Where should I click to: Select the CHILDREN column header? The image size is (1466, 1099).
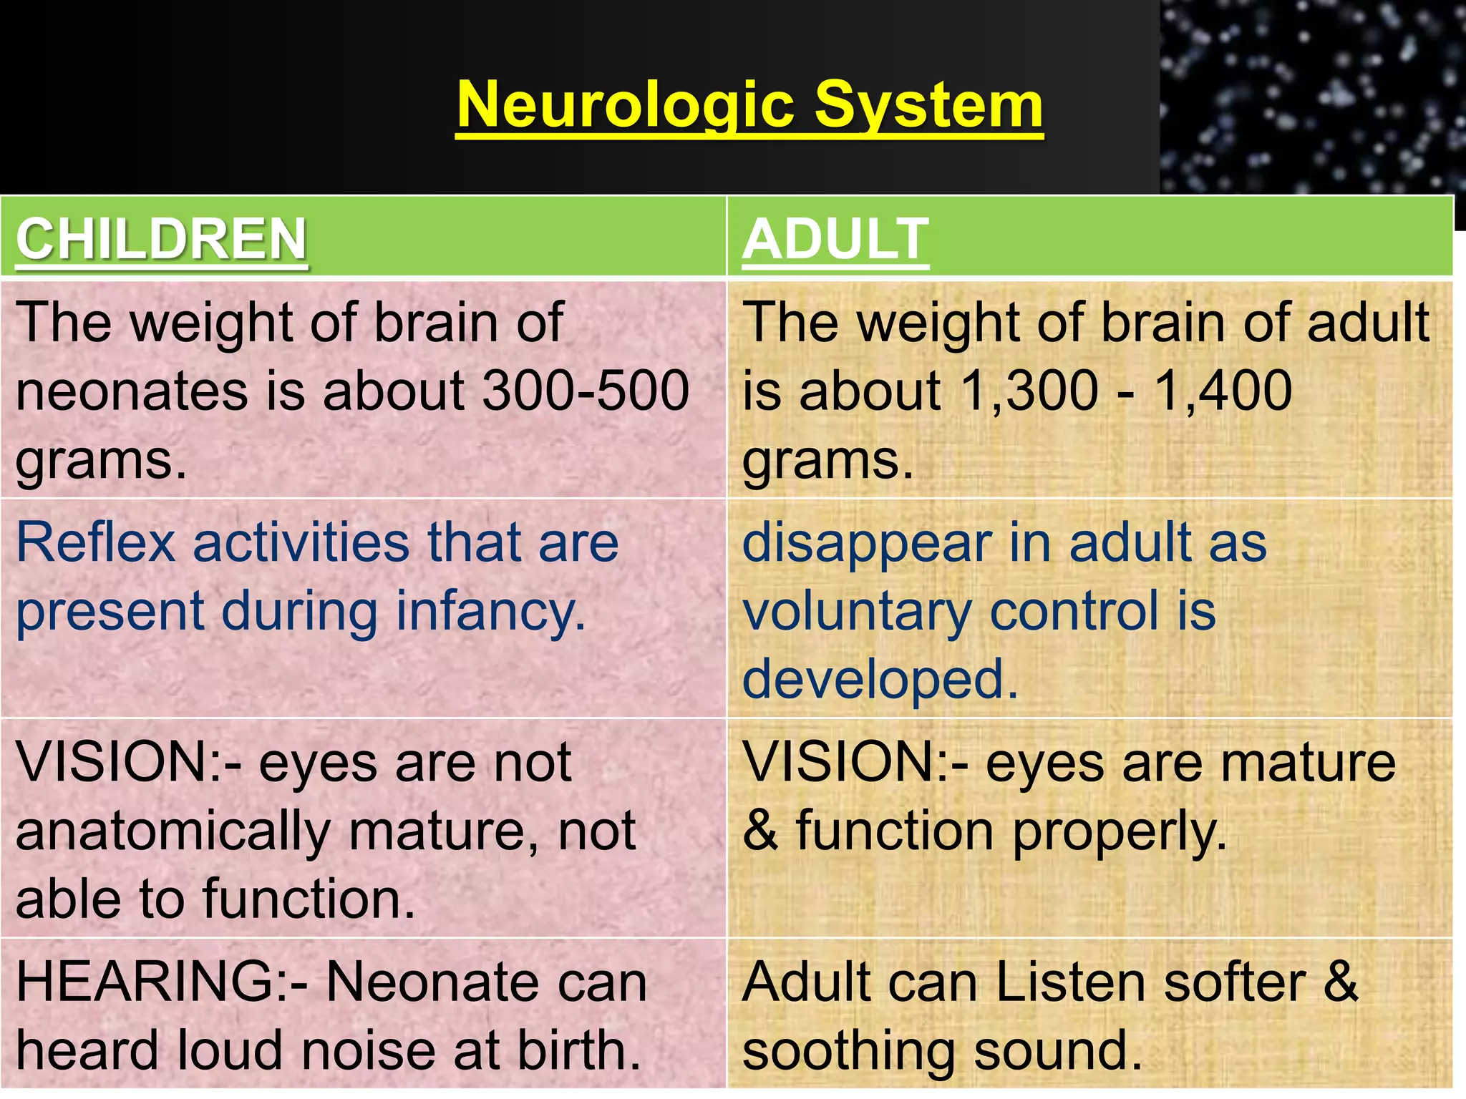161,239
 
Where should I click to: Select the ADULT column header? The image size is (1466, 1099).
835,239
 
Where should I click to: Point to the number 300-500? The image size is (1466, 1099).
586,391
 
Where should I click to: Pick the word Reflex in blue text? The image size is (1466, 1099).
96,542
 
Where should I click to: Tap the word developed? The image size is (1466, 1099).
880,680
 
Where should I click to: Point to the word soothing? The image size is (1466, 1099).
848,1052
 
